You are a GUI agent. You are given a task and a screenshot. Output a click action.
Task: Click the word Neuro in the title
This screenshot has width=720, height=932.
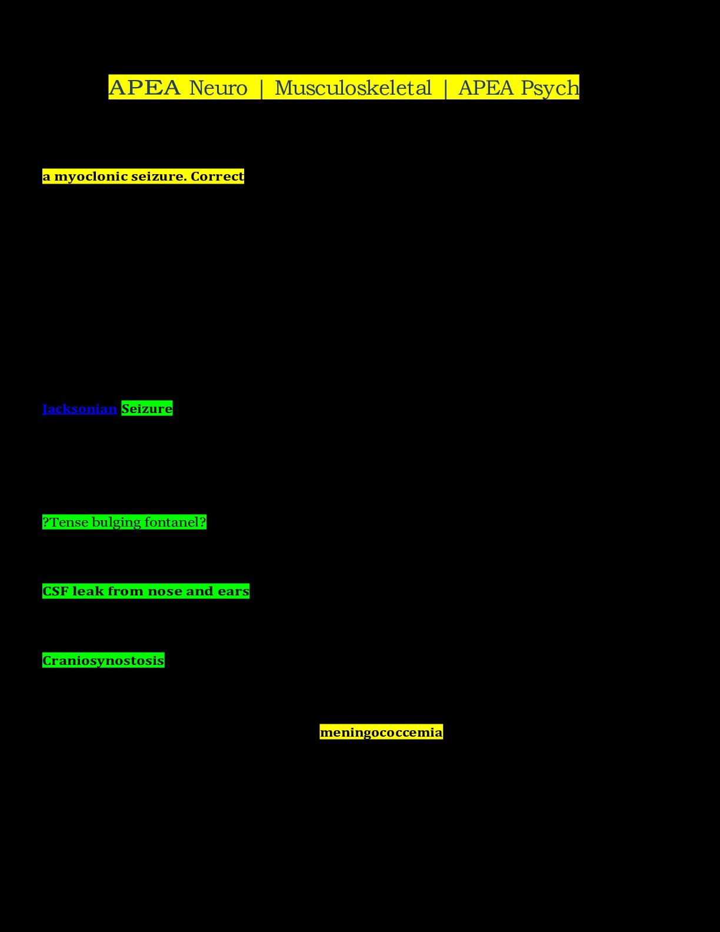[x=218, y=88]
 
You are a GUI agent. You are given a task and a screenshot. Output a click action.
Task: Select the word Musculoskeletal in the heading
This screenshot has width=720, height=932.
[x=353, y=88]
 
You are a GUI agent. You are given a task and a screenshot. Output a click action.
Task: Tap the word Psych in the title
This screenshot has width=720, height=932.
[x=550, y=88]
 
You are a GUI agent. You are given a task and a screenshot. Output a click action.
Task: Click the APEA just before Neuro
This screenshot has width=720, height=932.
[x=145, y=88]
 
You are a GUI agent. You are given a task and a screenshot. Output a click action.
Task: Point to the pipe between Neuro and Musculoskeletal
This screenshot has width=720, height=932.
[x=261, y=88]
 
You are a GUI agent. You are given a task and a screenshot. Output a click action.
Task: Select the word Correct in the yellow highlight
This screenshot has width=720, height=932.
[x=217, y=177]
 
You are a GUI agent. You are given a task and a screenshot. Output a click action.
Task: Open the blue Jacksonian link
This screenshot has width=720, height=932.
[x=79, y=409]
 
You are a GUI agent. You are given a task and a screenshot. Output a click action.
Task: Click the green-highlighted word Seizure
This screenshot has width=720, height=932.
[x=147, y=409]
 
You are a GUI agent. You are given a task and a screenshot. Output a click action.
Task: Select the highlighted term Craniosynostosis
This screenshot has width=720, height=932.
[x=104, y=661]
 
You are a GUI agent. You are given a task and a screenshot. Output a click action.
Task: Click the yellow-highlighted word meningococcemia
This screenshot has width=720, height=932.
[x=381, y=733]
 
